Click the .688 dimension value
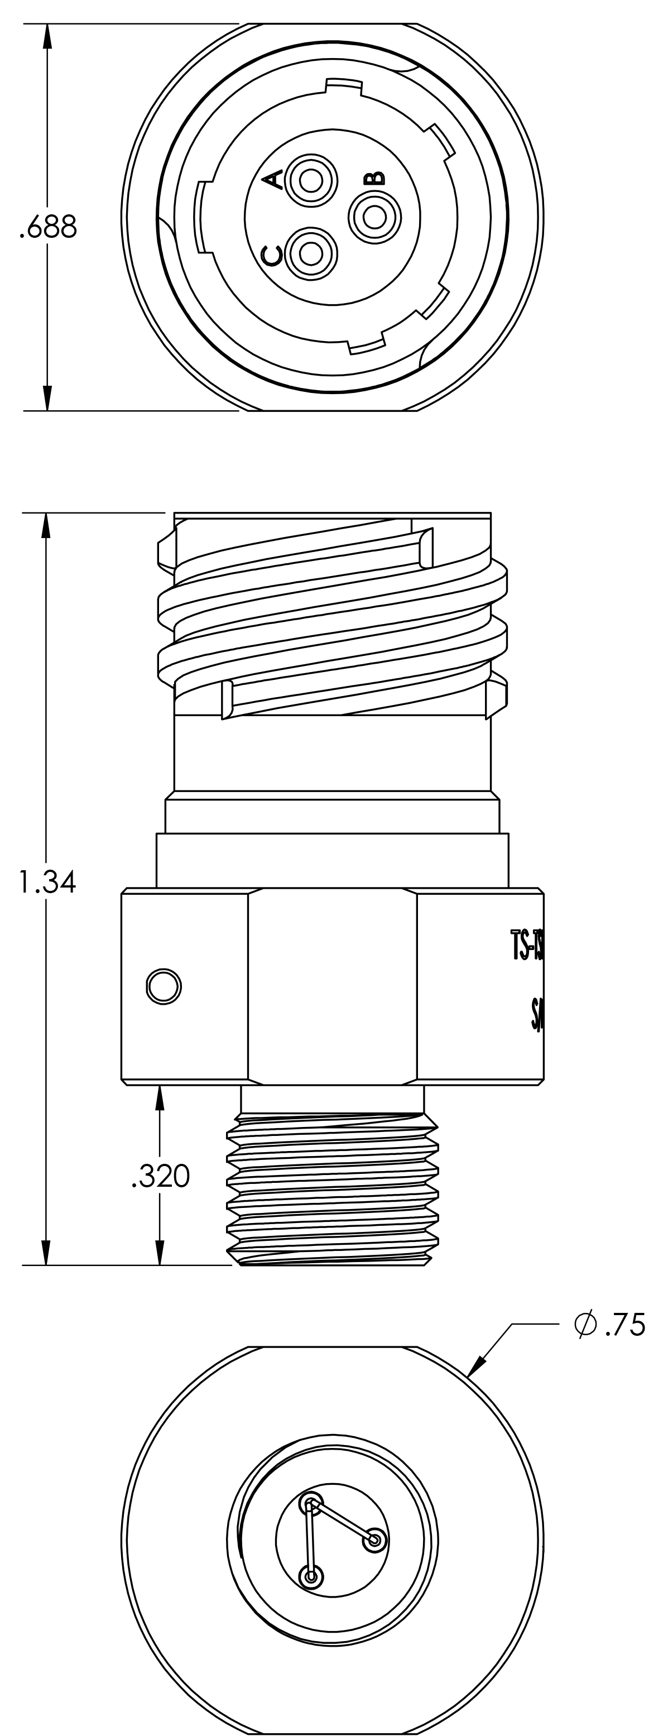(48, 228)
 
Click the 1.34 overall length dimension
(47, 881)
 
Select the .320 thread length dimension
(160, 1177)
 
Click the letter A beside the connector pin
(272, 180)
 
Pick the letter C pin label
(272, 256)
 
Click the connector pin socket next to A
(311, 180)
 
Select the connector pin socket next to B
(374, 217)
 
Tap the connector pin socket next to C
(311, 254)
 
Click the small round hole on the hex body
(163, 986)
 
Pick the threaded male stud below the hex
(332, 1190)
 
